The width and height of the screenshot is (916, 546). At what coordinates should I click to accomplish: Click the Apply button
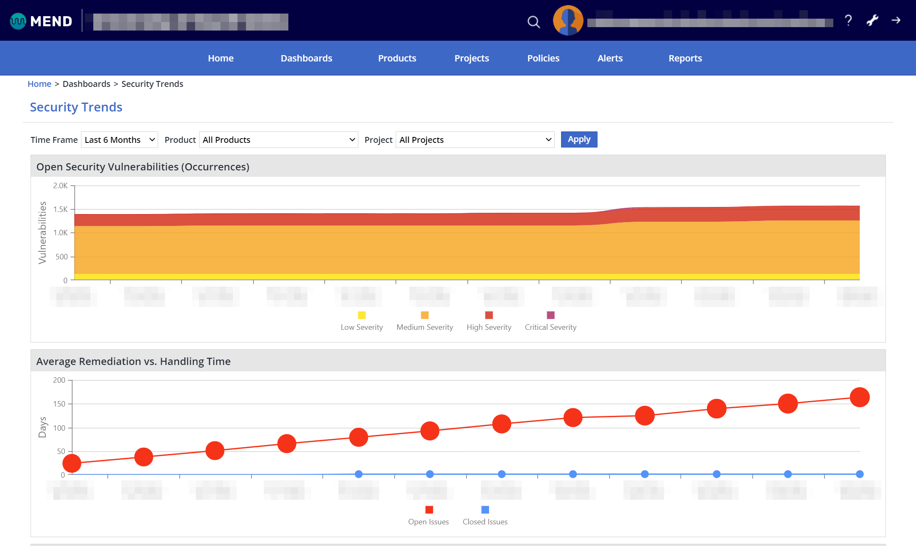pyautogui.click(x=579, y=139)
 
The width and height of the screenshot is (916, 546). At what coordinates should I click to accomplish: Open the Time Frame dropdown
pyautogui.click(x=119, y=140)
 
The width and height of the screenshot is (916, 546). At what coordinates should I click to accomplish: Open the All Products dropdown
pyautogui.click(x=278, y=140)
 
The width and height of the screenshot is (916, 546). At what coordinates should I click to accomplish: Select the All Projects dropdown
pyautogui.click(x=475, y=140)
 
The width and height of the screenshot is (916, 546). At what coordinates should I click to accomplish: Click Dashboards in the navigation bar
pyautogui.click(x=306, y=58)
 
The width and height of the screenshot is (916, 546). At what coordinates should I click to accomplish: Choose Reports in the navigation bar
pyautogui.click(x=685, y=58)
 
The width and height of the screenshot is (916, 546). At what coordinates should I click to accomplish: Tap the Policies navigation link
pyautogui.click(x=543, y=58)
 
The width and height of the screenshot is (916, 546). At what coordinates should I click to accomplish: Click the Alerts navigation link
pyautogui.click(x=610, y=58)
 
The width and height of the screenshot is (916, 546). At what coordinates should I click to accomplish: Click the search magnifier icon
pyautogui.click(x=533, y=22)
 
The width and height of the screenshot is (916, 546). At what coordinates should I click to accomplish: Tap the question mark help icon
pyautogui.click(x=848, y=20)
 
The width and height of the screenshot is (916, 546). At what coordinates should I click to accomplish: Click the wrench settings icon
pyautogui.click(x=872, y=20)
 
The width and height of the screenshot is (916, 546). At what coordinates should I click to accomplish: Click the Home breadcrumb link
pyautogui.click(x=39, y=84)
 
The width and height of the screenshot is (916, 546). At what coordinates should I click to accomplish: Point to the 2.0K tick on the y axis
pyautogui.click(x=60, y=186)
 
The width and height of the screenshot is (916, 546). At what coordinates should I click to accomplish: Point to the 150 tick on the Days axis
pyautogui.click(x=59, y=404)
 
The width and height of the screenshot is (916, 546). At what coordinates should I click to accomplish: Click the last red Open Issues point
pyautogui.click(x=860, y=397)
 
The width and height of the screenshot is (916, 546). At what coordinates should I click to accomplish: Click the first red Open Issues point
pyautogui.click(x=72, y=463)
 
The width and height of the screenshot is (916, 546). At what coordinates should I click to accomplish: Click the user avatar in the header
pyautogui.click(x=568, y=20)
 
